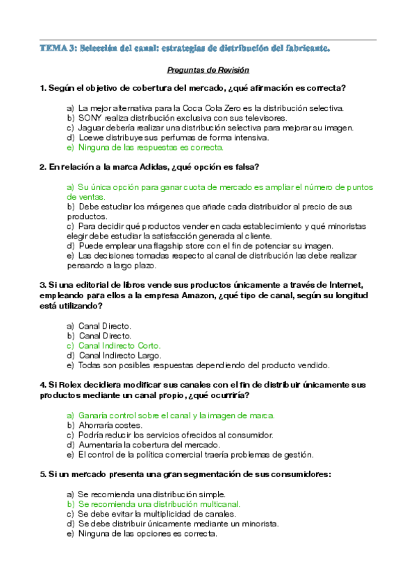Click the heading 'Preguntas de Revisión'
click(x=208, y=71)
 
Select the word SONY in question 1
click(x=90, y=118)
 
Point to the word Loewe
click(x=90, y=137)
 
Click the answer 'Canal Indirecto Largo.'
click(x=119, y=355)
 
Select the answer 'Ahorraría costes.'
click(x=110, y=425)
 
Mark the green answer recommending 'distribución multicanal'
click(x=159, y=504)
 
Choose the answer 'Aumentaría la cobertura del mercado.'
click(x=147, y=444)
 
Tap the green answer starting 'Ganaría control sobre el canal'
click(x=176, y=415)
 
